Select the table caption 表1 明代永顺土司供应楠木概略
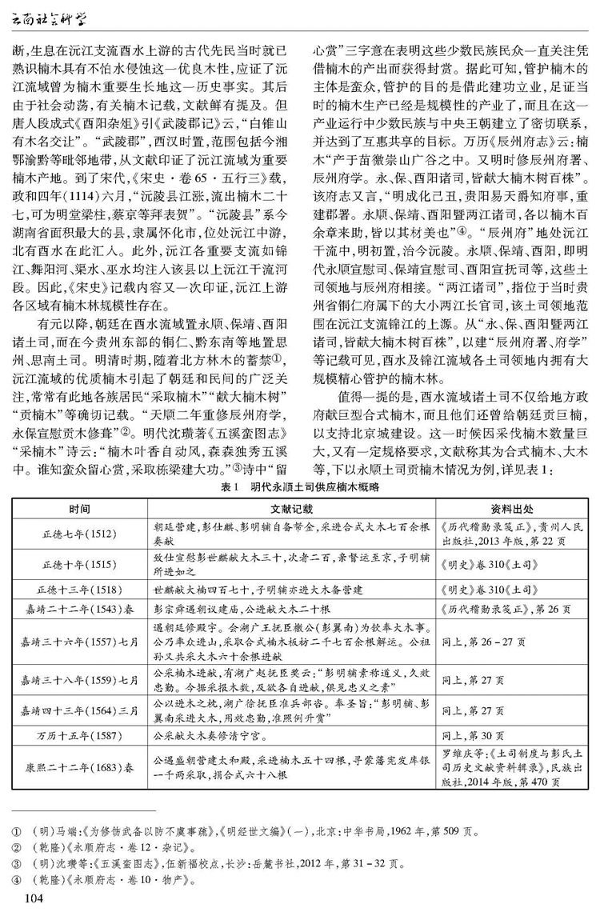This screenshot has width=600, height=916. coord(300,486)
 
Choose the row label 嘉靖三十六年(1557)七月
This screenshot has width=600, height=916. coord(79,641)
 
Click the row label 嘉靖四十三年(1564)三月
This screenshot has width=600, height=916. coord(79,710)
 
